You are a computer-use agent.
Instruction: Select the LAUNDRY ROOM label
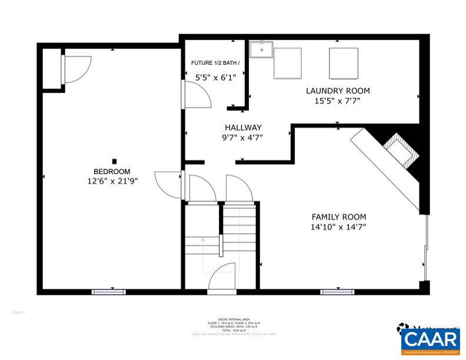pyautogui.click(x=337, y=91)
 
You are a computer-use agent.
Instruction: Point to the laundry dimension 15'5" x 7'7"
pyautogui.click(x=337, y=101)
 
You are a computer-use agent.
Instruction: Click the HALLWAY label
pyautogui.click(x=243, y=128)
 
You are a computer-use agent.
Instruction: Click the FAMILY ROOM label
pyautogui.click(x=338, y=216)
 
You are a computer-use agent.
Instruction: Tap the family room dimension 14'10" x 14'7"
pyautogui.click(x=338, y=226)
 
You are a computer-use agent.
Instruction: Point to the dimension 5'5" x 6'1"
pyautogui.click(x=215, y=77)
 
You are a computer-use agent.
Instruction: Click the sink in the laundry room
pyautogui.click(x=261, y=50)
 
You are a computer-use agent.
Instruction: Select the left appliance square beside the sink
pyautogui.click(x=288, y=63)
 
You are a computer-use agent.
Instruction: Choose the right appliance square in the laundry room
pyautogui.click(x=343, y=63)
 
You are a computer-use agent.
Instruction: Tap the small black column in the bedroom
pyautogui.click(x=115, y=161)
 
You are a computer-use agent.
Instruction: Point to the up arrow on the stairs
pyautogui.click(x=203, y=240)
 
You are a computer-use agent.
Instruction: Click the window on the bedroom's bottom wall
pyautogui.click(x=109, y=292)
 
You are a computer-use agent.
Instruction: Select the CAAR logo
pyautogui.click(x=430, y=340)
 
